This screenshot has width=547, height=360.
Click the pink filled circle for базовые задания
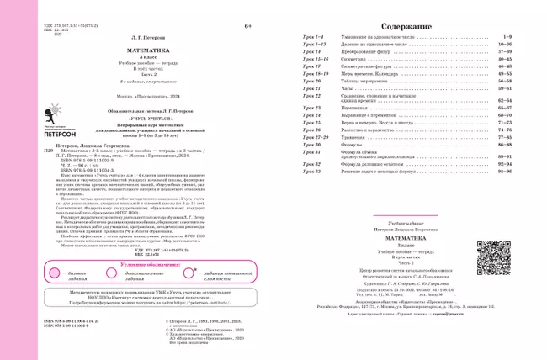pyautogui.click(x=54, y=273)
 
